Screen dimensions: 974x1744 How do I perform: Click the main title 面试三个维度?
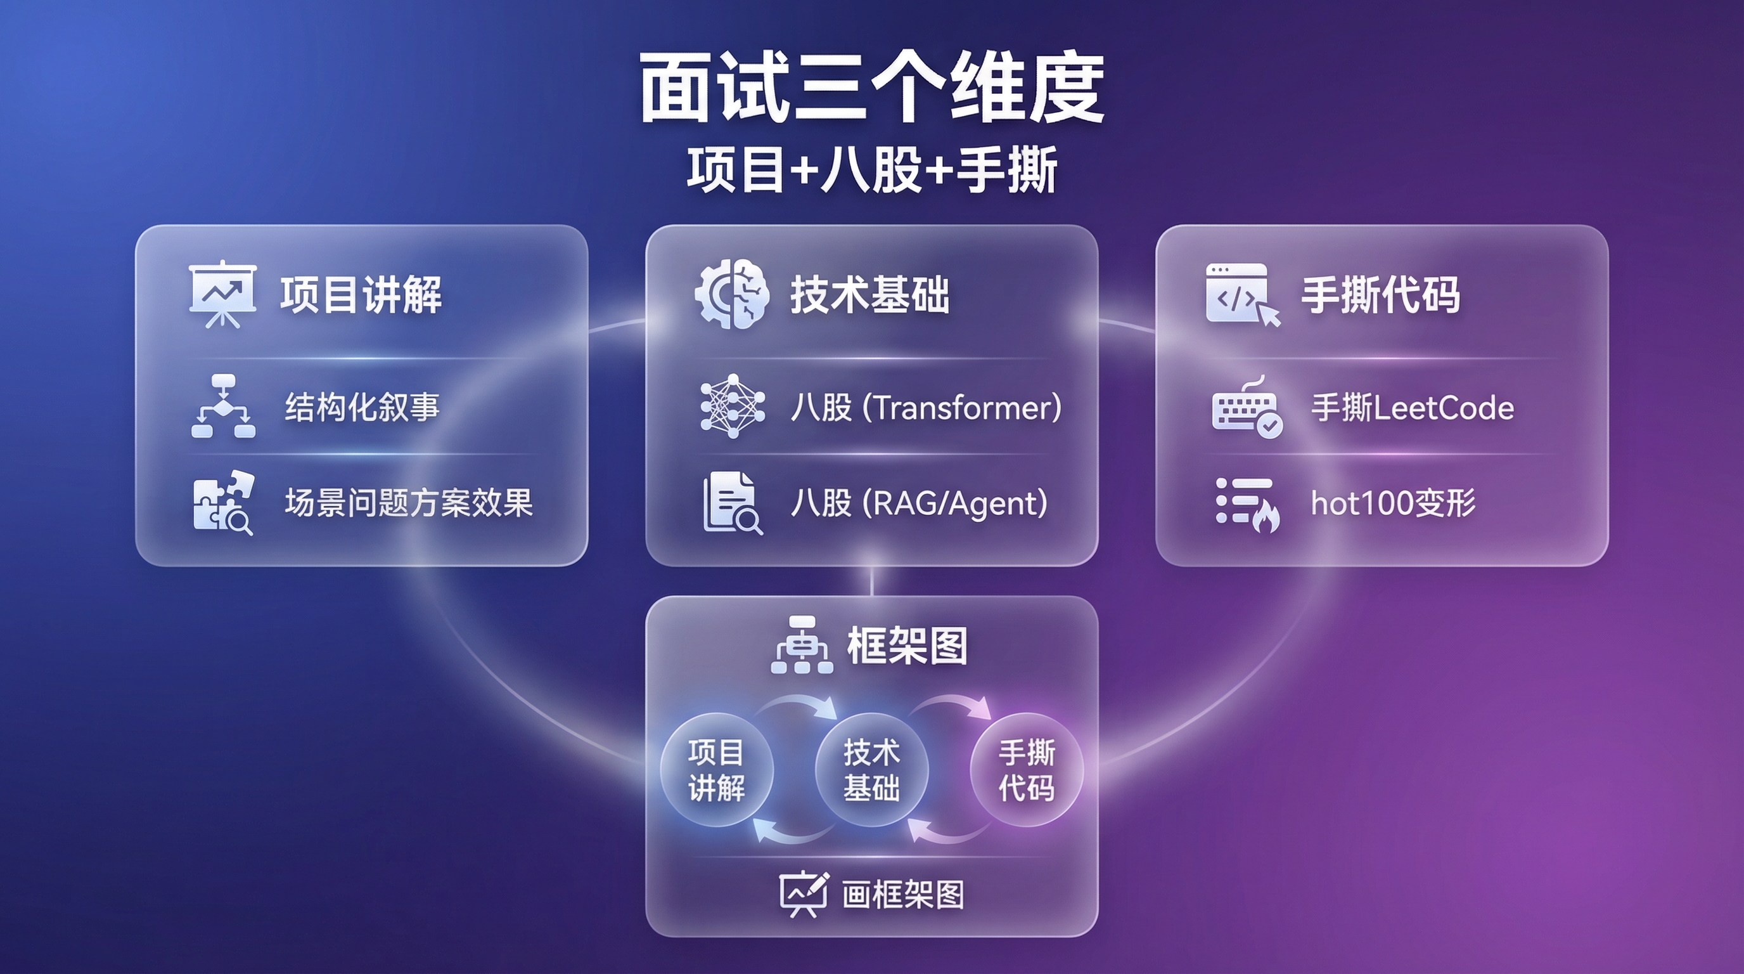(x=872, y=88)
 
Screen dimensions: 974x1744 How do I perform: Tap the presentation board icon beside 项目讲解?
(x=222, y=294)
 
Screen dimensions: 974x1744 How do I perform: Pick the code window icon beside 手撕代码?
(x=1241, y=294)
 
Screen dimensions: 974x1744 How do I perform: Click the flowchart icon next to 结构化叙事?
(x=224, y=406)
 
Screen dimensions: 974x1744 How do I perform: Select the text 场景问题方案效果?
(x=408, y=503)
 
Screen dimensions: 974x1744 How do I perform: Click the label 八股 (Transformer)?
(x=925, y=408)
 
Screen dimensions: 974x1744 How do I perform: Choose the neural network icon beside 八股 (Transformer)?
(x=733, y=406)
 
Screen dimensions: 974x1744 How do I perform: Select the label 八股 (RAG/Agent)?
(x=919, y=503)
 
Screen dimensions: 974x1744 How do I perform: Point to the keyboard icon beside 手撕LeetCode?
(x=1246, y=408)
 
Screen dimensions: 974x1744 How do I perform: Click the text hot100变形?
(x=1393, y=503)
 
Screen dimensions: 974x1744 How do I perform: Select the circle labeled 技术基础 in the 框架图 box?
(x=871, y=769)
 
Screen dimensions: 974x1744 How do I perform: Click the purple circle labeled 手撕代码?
(x=1027, y=769)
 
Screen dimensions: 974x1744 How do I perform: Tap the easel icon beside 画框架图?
(x=803, y=893)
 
